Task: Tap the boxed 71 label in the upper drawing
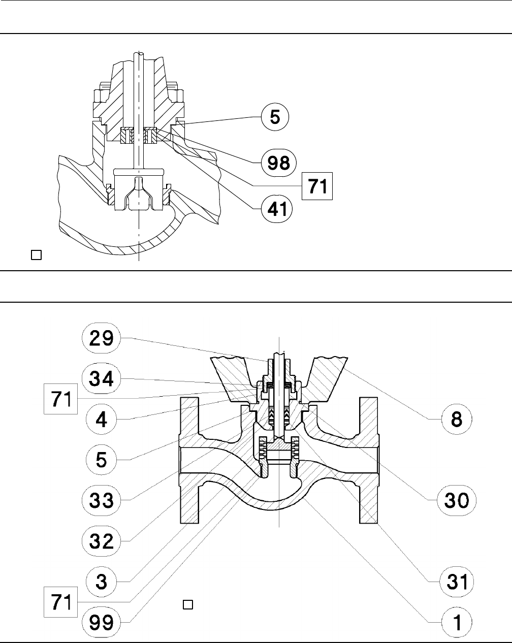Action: (x=317, y=186)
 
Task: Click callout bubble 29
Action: (x=101, y=338)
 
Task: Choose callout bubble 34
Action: (x=101, y=379)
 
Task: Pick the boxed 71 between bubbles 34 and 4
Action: (x=59, y=399)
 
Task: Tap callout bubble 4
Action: (x=101, y=420)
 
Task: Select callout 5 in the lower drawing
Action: (x=101, y=460)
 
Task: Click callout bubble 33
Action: (x=101, y=501)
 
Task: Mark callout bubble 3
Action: (x=101, y=581)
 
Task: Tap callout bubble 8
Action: (x=457, y=420)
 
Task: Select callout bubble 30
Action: (x=457, y=501)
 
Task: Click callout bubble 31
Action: (x=457, y=581)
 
